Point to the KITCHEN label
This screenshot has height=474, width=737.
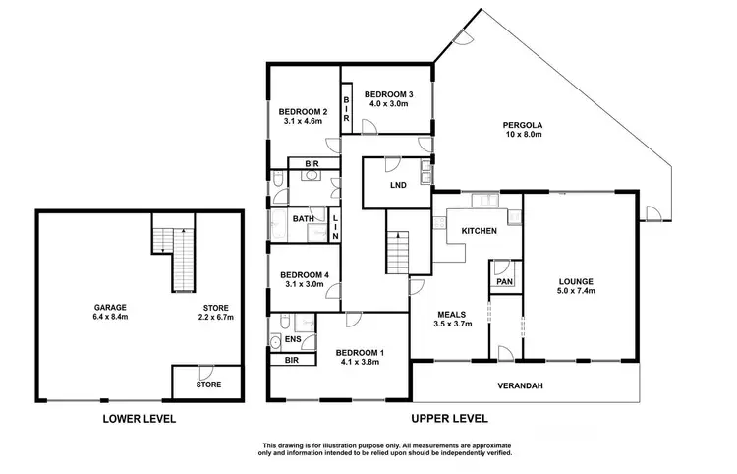[x=479, y=230]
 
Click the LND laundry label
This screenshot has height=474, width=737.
[x=397, y=185]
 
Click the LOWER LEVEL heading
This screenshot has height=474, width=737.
[x=139, y=418]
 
